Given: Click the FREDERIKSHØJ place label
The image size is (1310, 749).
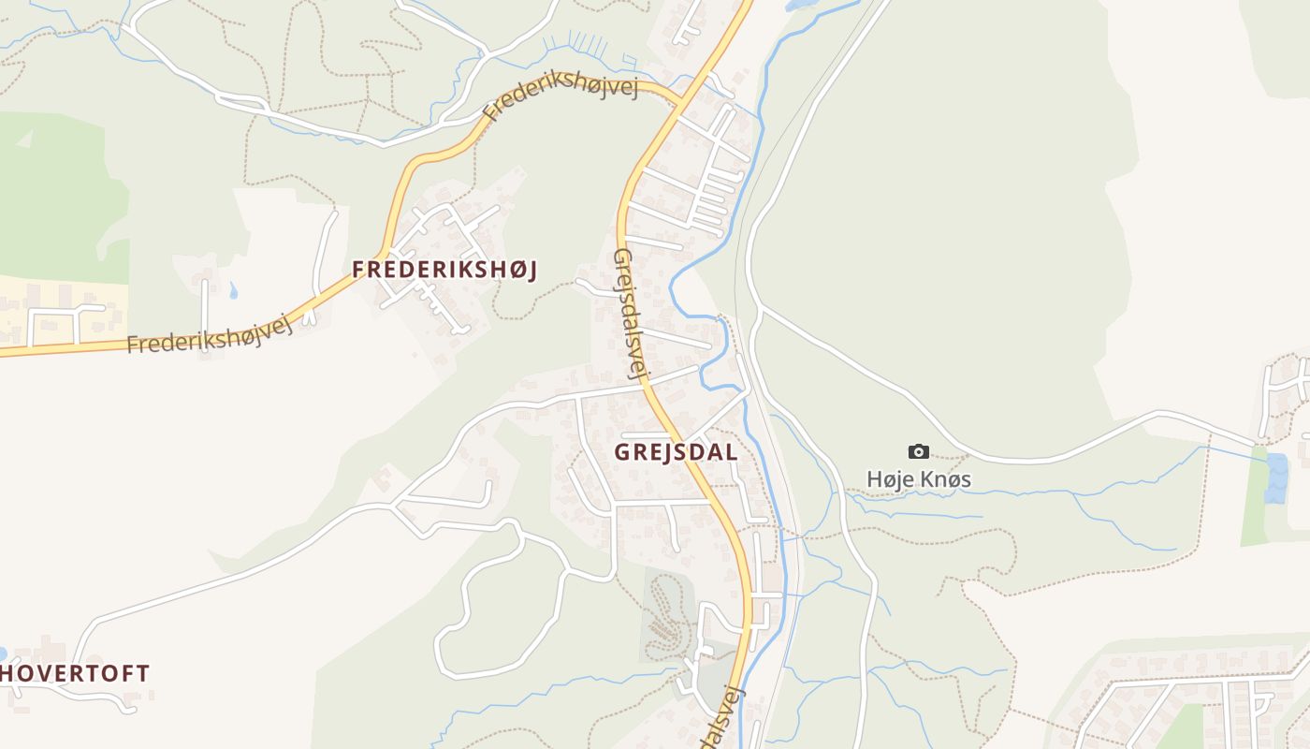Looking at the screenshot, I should (444, 270).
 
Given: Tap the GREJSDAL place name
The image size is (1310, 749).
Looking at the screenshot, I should (676, 452).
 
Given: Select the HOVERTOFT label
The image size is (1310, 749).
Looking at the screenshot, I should (75, 673).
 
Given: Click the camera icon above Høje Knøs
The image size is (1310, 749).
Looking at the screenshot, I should (919, 452).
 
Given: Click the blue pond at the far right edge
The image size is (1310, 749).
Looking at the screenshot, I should (1275, 477).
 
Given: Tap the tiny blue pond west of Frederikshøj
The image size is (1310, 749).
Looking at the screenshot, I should (232, 290).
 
